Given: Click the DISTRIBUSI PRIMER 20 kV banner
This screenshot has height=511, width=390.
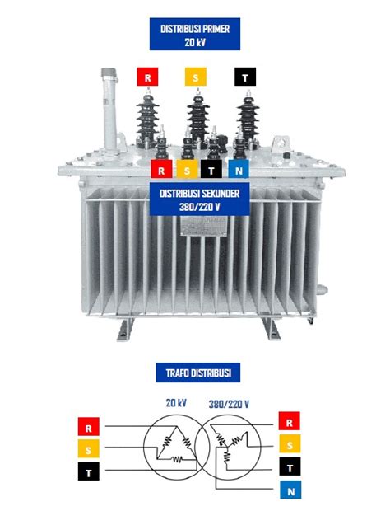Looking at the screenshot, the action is tap(195, 34).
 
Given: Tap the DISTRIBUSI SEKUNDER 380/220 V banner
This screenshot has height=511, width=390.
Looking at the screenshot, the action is tap(199, 199).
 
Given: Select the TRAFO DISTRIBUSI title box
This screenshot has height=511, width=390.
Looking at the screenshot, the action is tap(198, 373).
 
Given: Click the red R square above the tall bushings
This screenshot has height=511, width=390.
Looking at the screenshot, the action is tap(147, 77).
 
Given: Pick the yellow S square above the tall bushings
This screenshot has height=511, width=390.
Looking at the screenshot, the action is tap(196, 77).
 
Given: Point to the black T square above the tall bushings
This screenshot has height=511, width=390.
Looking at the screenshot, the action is tap(245, 77).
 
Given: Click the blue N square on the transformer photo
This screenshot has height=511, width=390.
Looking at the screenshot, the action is tap(239, 169).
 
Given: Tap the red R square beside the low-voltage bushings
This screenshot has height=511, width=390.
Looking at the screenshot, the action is tap(161, 169).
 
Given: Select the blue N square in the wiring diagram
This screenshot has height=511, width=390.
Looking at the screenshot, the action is tap(290, 490).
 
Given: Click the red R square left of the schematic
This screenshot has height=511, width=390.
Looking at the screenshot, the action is tap(89, 427).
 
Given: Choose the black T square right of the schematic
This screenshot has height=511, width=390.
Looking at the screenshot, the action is tap(290, 466).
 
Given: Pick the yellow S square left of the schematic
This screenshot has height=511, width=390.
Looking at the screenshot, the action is tap(89, 448).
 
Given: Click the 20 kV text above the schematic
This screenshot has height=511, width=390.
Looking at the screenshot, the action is tap(176, 403).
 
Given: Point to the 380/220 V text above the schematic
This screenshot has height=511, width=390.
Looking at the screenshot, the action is tap(229, 405).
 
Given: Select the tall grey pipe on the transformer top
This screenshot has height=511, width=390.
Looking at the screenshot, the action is tap(109, 110).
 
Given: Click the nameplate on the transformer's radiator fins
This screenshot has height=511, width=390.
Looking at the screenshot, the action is tap(203, 226).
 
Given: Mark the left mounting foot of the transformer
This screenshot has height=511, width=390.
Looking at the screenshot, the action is tap(126, 329).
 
